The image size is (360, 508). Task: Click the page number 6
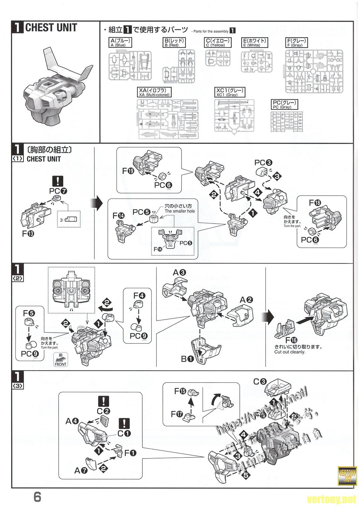point(38,497)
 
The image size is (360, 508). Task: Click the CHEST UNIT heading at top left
point(51,27)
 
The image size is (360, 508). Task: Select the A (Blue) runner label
point(120,43)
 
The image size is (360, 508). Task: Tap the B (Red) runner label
point(174,43)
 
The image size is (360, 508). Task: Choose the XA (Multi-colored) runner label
point(154,92)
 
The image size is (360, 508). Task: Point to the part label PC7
point(58,191)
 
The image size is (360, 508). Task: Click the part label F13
point(29,234)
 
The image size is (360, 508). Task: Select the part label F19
point(128,171)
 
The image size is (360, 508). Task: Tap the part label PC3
point(263,163)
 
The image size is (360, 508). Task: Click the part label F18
point(315,203)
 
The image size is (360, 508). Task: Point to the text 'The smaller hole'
point(179,211)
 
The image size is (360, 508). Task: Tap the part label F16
point(291,339)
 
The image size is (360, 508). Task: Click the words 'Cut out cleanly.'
point(290,352)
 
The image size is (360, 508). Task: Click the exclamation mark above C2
point(103,401)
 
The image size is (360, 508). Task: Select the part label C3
point(260,381)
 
